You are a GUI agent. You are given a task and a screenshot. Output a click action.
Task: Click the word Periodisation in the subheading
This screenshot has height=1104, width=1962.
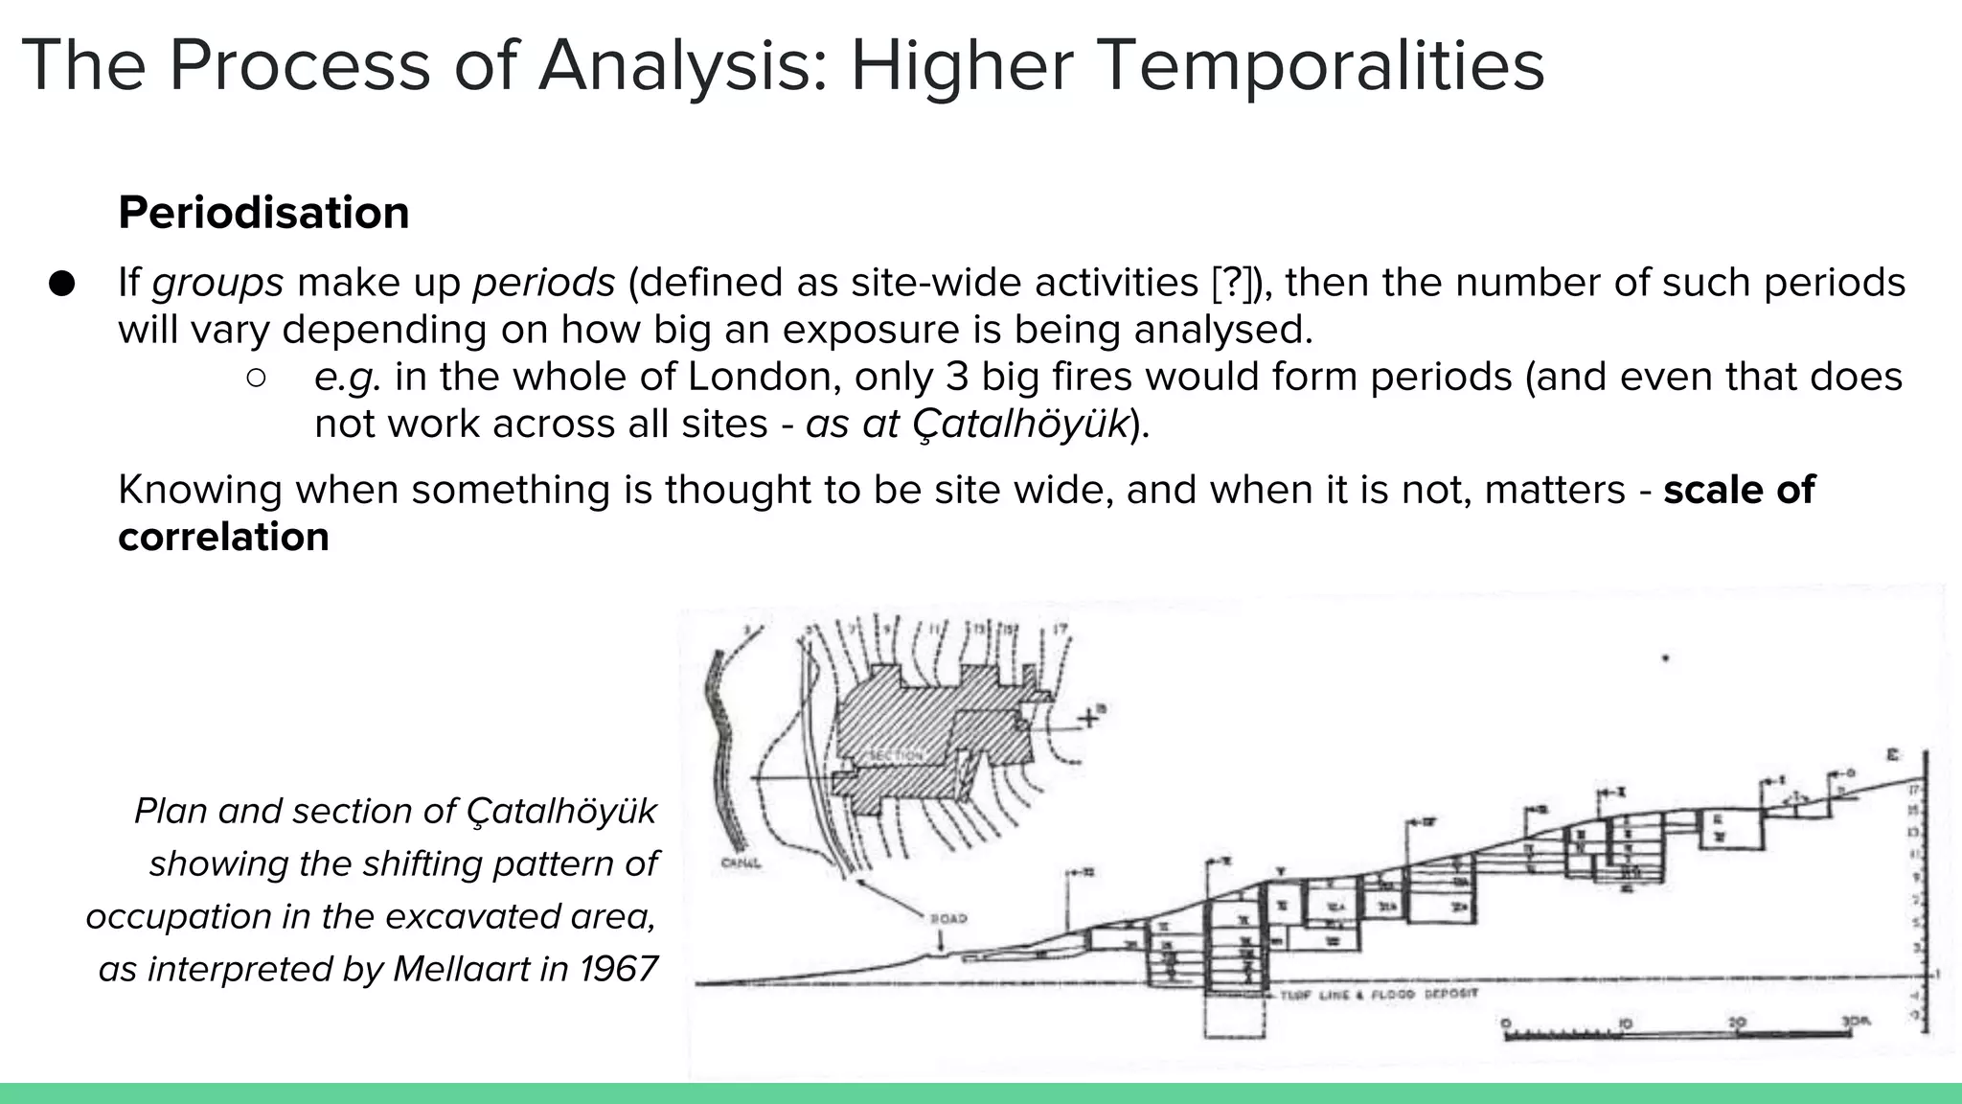(263, 213)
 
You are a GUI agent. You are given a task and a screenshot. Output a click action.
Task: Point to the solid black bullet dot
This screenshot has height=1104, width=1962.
(62, 284)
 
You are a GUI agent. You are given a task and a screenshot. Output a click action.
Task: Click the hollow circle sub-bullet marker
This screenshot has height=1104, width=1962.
(256, 378)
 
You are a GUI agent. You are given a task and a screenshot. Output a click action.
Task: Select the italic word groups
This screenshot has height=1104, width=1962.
(217, 284)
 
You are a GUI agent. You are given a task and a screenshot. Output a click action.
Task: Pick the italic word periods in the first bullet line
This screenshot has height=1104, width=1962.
(544, 284)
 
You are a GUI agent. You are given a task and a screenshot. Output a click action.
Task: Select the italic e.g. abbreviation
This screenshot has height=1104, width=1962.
(348, 378)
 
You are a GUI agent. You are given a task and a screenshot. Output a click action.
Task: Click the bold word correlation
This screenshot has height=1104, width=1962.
(223, 537)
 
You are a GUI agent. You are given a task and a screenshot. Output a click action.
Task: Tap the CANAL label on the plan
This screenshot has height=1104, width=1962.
(741, 863)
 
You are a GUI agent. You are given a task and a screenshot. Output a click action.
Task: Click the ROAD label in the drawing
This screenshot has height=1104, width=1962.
(948, 919)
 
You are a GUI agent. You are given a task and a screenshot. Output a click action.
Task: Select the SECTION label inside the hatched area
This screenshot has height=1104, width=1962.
(895, 756)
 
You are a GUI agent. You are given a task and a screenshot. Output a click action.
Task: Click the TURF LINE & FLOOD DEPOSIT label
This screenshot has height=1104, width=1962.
(1379, 995)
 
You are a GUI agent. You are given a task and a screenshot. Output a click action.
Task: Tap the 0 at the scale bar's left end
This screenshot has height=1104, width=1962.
(1505, 1023)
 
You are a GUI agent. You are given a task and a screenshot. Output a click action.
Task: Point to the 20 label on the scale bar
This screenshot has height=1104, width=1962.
(1737, 1023)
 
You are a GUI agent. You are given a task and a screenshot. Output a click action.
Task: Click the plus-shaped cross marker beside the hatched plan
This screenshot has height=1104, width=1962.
(1086, 717)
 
